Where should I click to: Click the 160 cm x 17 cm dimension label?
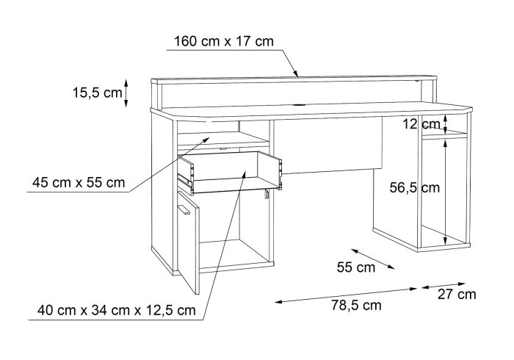tap(223, 42)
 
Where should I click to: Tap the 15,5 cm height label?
tap(98, 93)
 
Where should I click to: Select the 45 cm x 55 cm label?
tap(79, 182)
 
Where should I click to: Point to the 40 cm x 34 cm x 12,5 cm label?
tap(116, 310)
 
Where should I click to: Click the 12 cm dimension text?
tap(421, 124)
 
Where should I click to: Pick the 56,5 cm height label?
tap(415, 187)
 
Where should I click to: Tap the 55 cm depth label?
tap(356, 267)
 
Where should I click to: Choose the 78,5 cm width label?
tap(356, 305)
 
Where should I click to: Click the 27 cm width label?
tap(457, 295)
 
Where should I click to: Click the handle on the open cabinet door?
tap(184, 209)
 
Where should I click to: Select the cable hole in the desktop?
tap(298, 106)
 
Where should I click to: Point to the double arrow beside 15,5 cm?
tap(126, 93)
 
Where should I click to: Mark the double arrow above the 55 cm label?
tap(373, 259)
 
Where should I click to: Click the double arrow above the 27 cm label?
tap(444, 286)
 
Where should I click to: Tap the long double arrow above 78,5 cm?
tap(346, 295)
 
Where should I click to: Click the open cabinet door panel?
tap(189, 242)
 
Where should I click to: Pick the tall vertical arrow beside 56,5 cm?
tap(445, 192)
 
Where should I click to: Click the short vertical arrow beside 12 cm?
tap(445, 125)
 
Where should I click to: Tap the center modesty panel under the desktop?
tap(327, 145)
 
